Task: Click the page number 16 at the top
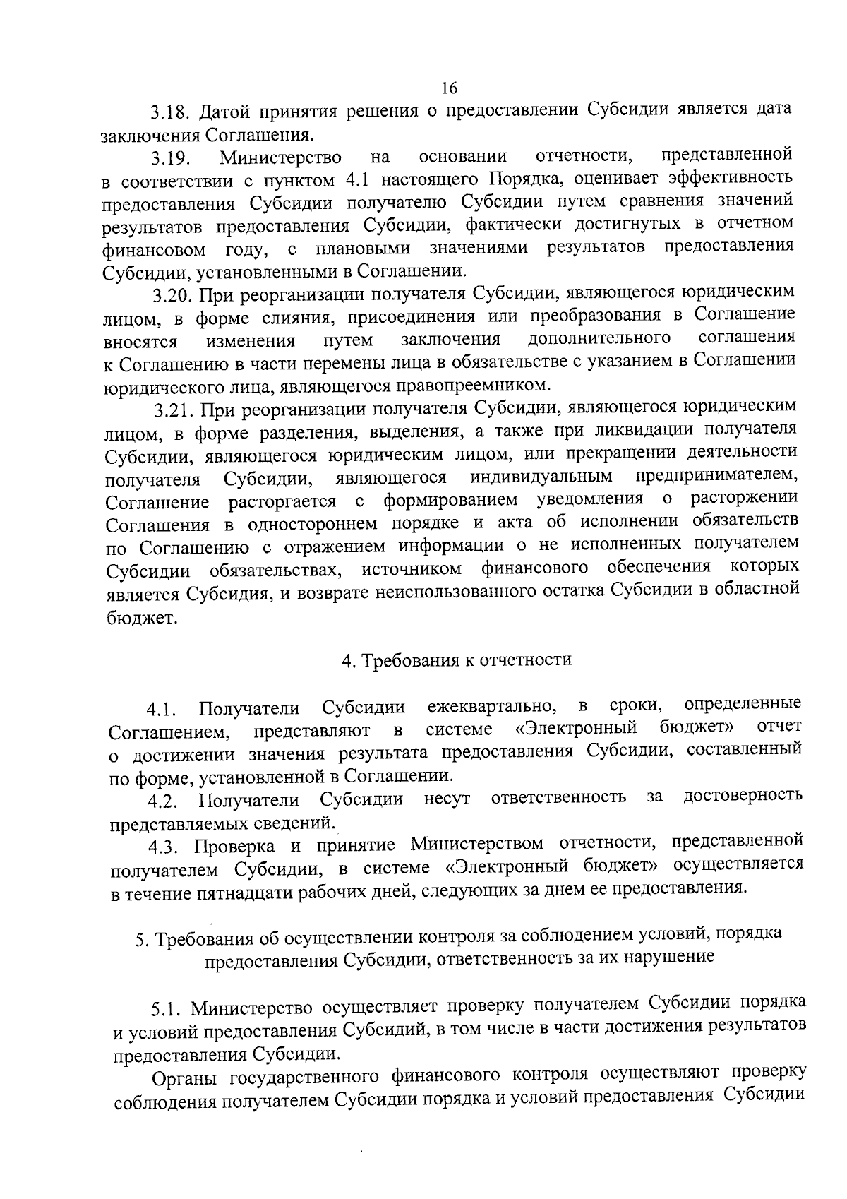[449, 88]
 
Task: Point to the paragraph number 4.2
[164, 801]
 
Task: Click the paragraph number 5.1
[167, 1006]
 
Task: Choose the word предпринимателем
[716, 475]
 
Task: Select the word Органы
[186, 1075]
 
